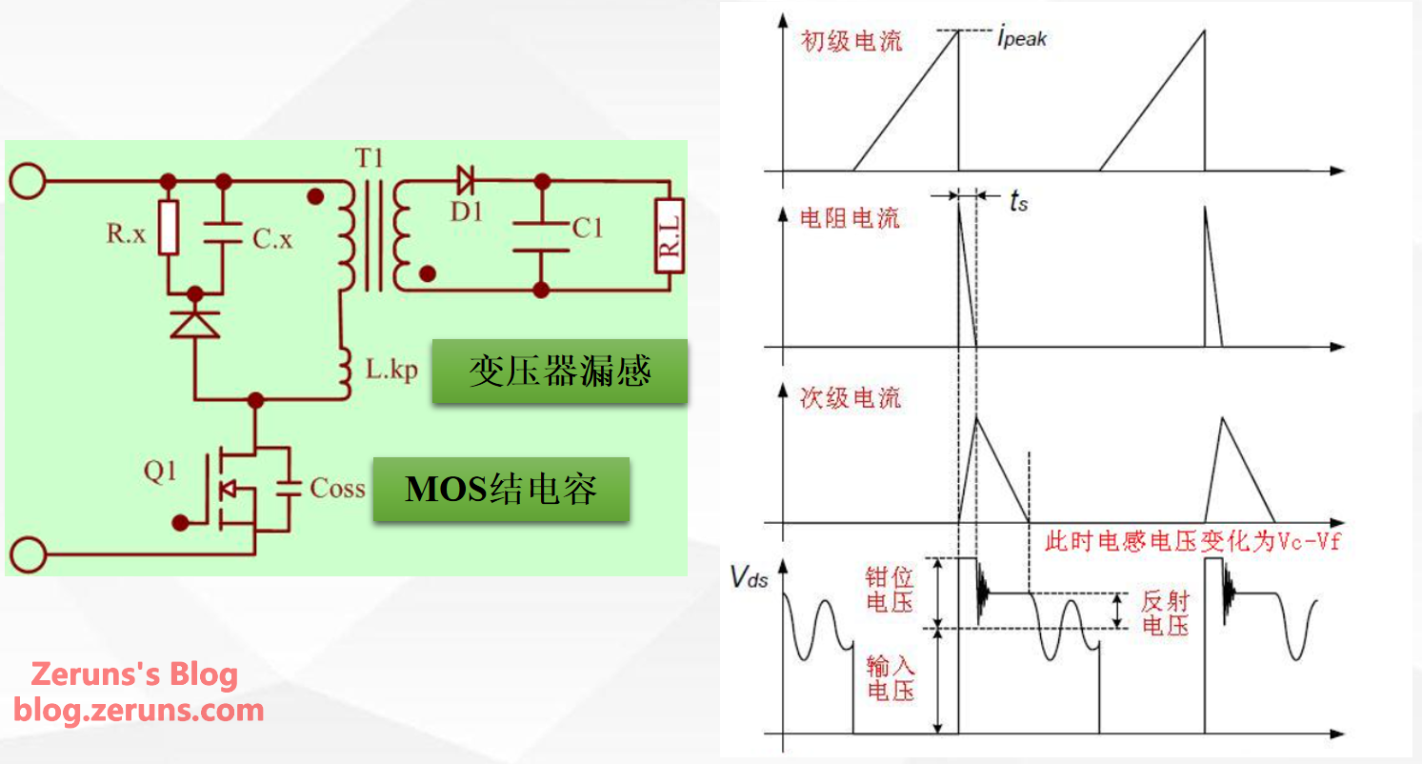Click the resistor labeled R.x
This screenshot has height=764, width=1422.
click(169, 228)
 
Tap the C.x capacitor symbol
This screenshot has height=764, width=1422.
click(223, 233)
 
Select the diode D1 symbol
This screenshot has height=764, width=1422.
click(466, 180)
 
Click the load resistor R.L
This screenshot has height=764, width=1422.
click(670, 235)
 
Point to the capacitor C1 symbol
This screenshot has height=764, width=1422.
click(541, 237)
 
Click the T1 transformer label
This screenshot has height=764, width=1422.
click(369, 157)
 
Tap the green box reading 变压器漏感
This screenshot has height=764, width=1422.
click(560, 371)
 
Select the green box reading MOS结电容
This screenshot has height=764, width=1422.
click(502, 489)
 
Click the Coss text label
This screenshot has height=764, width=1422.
click(337, 489)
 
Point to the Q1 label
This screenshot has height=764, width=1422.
click(159, 472)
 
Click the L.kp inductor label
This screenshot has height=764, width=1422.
click(391, 369)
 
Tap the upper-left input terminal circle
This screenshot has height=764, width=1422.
click(28, 181)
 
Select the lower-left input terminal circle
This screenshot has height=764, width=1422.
click(28, 554)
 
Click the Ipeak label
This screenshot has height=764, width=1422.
click(1021, 37)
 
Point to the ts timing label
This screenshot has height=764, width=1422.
click(1018, 201)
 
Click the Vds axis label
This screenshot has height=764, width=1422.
click(749, 577)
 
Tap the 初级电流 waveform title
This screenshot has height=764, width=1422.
click(851, 41)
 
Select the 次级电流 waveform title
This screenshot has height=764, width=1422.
click(851, 398)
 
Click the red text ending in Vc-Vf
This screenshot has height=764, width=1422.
click(1193, 542)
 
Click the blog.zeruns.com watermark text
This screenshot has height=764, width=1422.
click(138, 710)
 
